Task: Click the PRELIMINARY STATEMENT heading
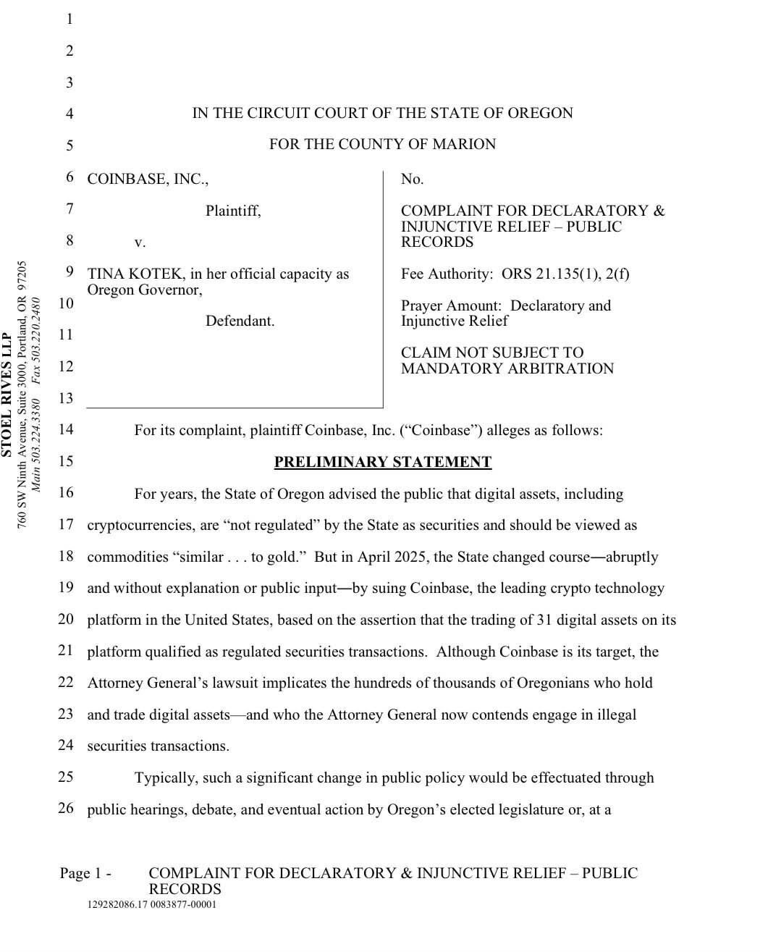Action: [x=383, y=462]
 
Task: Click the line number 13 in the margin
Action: [x=66, y=398]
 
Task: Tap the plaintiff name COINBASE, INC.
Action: [x=148, y=179]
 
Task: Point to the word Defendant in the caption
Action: [x=240, y=321]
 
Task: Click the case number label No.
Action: [x=412, y=179]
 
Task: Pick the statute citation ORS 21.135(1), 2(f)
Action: [x=565, y=274]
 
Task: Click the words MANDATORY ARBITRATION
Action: [x=507, y=368]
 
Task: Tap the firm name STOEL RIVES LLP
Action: [x=7, y=395]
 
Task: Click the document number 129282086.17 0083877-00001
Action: [x=151, y=905]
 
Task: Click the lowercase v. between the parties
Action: [x=140, y=242]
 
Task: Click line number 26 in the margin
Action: [x=66, y=808]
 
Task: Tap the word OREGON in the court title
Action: [x=540, y=113]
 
